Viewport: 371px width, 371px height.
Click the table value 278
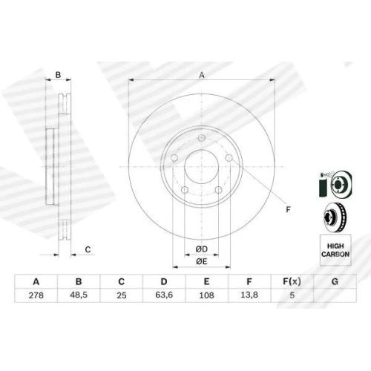[36, 295]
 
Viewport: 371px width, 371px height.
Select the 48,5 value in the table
[79, 295]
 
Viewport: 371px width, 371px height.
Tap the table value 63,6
[164, 295]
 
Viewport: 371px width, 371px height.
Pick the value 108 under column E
[206, 295]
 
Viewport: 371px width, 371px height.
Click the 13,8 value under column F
[249, 295]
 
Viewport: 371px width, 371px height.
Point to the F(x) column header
[292, 281]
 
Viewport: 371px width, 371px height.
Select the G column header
[335, 281]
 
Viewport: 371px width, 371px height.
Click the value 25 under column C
[122, 295]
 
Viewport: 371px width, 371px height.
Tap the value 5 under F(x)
[292, 295]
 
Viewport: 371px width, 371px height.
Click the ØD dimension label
[202, 249]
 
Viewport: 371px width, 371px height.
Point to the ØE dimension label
[202, 261]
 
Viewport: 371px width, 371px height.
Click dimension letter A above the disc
[202, 75]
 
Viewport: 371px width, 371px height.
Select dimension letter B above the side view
[58, 75]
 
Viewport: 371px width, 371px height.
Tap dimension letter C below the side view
[88, 249]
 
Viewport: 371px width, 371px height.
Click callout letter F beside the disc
[288, 210]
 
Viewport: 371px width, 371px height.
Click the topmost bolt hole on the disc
[202, 138]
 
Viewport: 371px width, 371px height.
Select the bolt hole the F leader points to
[229, 157]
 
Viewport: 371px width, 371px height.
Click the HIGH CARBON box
[335, 250]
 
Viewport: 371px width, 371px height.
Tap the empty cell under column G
[335, 295]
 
